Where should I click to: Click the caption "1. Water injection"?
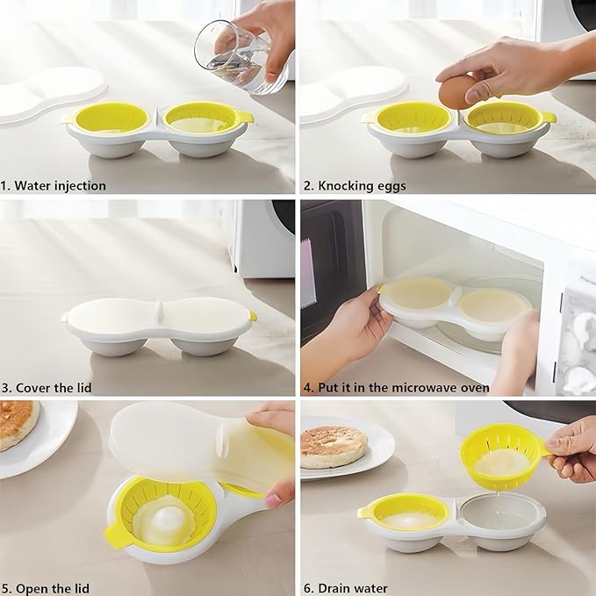click(54, 185)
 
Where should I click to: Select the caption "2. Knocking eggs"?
click(355, 185)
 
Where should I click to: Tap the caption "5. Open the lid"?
click(46, 587)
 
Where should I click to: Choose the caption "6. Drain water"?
click(347, 587)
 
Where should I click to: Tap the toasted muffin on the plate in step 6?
click(334, 447)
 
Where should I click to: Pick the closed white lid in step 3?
click(158, 318)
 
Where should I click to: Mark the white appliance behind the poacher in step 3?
click(263, 237)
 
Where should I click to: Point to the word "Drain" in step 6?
click(337, 587)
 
